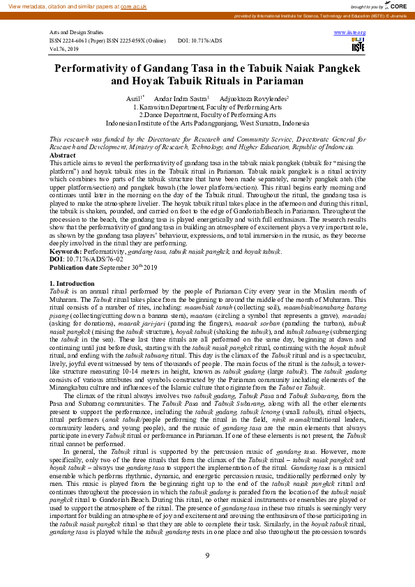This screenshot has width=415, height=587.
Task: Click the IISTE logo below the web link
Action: [x=359, y=46]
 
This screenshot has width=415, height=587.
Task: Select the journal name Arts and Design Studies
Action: [x=77, y=33]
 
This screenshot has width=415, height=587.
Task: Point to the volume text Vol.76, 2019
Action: [x=65, y=49]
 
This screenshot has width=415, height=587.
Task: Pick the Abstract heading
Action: [x=63, y=155]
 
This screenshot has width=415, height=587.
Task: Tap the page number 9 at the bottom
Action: [x=207, y=555]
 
